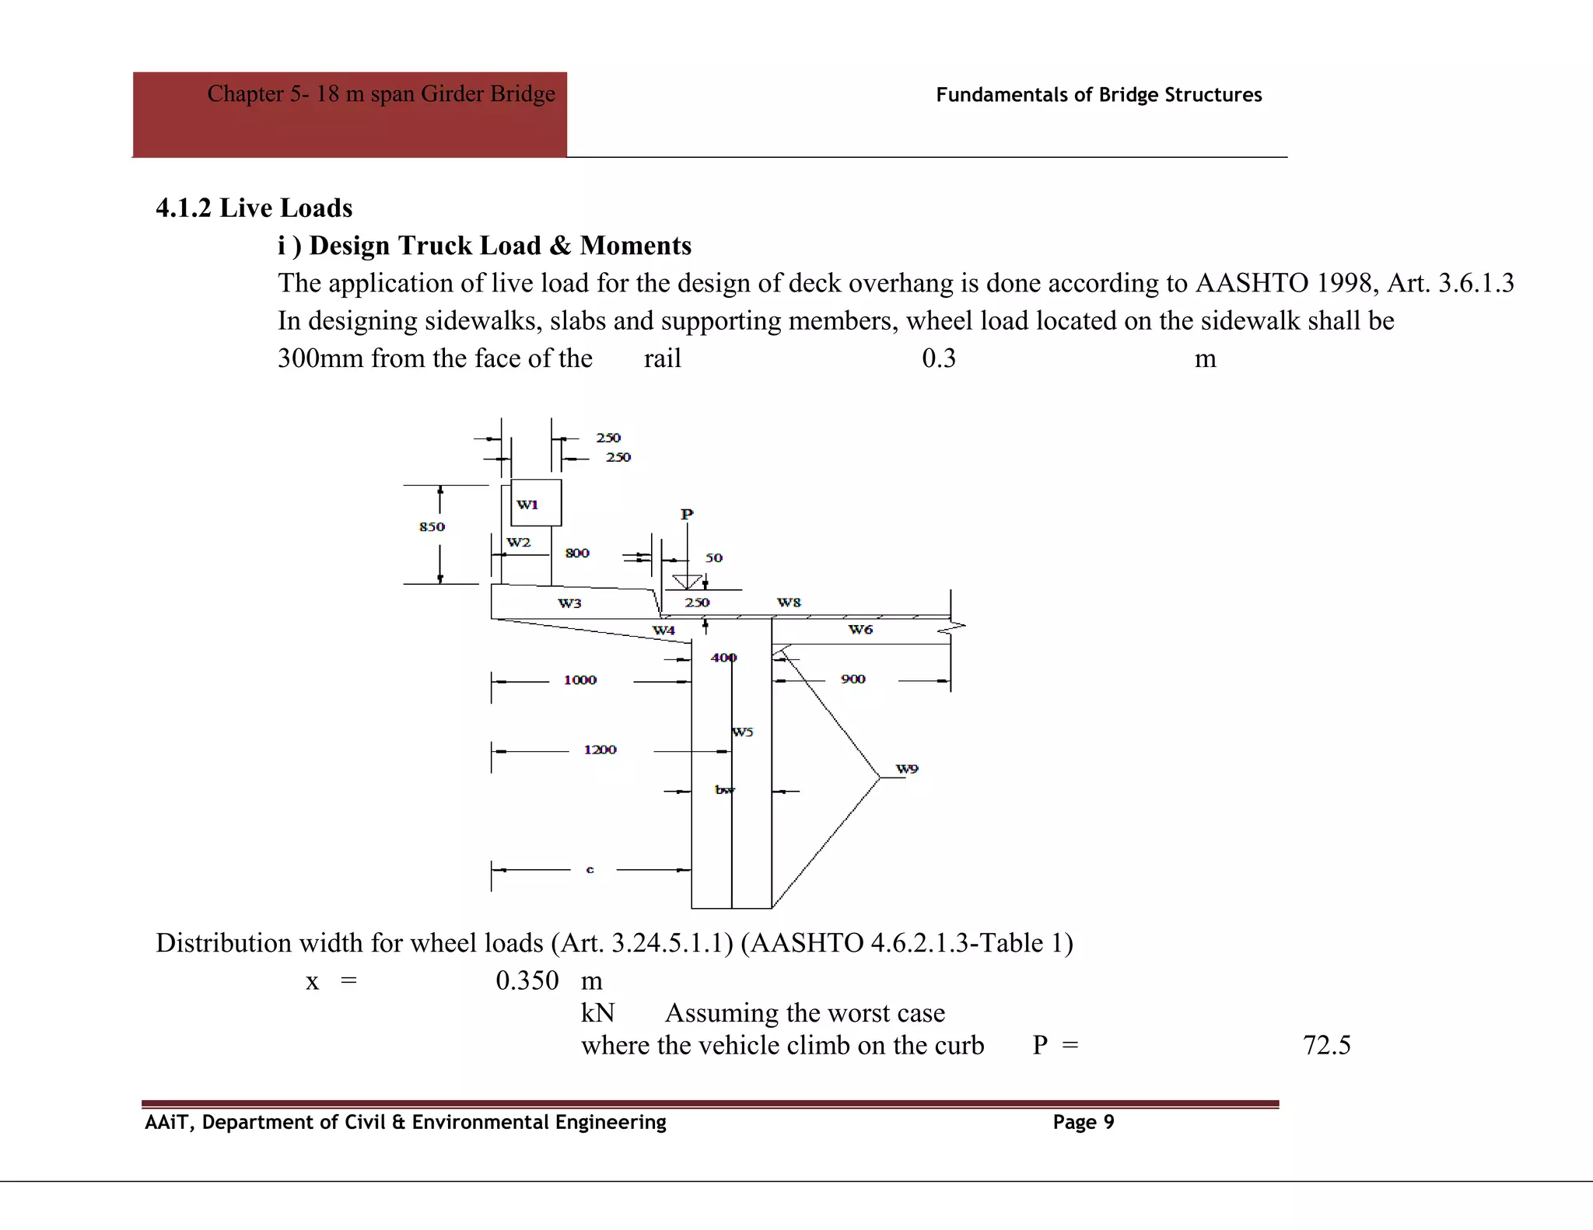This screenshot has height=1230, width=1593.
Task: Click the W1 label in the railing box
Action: (x=527, y=505)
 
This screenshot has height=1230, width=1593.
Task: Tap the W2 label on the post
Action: (x=519, y=542)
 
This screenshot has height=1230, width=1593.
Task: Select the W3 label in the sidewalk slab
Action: (x=569, y=603)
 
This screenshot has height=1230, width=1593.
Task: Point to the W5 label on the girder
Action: (x=743, y=732)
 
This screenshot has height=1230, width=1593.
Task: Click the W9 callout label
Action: (x=907, y=769)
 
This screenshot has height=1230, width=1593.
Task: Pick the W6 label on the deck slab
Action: (x=860, y=630)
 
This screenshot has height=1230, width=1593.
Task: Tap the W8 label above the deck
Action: (x=789, y=603)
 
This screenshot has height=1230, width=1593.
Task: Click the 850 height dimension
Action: (x=432, y=527)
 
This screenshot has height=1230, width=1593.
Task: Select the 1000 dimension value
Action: (x=580, y=680)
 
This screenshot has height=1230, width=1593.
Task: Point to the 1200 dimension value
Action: (x=600, y=750)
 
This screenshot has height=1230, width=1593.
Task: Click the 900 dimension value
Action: (x=853, y=680)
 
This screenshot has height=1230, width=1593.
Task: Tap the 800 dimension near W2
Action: (x=577, y=553)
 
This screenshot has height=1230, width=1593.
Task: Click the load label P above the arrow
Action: (x=687, y=515)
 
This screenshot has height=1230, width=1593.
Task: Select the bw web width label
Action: (x=724, y=790)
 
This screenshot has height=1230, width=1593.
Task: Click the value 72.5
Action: (x=1326, y=1045)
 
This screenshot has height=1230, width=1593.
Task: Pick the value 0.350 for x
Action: (x=527, y=980)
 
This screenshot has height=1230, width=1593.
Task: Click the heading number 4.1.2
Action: (x=184, y=208)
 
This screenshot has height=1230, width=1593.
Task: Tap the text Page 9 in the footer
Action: (x=1084, y=1122)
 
